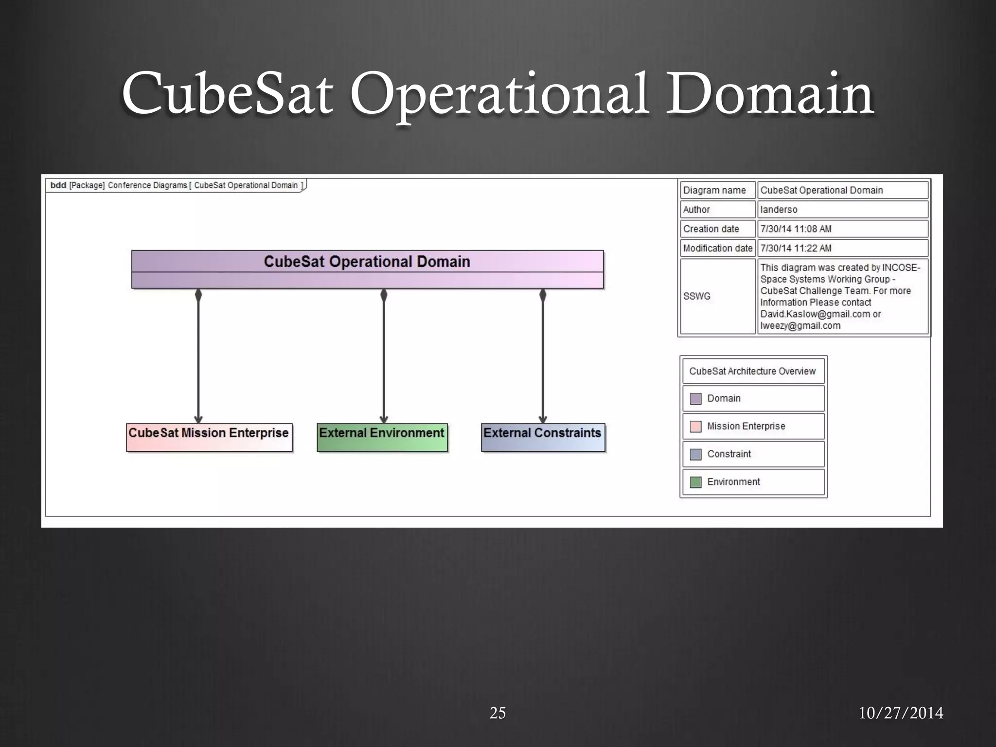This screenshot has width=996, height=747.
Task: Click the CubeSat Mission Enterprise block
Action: click(209, 437)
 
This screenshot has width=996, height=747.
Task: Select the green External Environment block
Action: click(382, 437)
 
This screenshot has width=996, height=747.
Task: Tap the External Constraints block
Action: click(543, 437)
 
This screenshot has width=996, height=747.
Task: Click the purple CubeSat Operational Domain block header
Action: click(367, 262)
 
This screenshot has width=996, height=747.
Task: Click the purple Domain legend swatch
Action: click(695, 399)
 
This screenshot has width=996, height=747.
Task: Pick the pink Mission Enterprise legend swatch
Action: click(695, 427)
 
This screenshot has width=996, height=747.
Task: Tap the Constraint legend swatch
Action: click(695, 454)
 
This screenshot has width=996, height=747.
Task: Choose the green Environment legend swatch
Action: click(695, 482)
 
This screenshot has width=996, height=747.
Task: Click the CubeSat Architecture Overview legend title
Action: click(752, 371)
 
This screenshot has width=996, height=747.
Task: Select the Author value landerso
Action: click(779, 210)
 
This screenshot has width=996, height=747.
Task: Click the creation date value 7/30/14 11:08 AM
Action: click(796, 229)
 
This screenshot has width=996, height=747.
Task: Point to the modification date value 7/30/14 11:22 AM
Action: click(796, 249)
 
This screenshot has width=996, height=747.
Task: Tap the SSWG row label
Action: click(697, 296)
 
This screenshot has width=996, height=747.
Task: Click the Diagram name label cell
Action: click(714, 190)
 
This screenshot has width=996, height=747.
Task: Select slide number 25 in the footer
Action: click(498, 713)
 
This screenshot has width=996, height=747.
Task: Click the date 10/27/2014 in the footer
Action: click(901, 713)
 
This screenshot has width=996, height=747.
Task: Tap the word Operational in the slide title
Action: click(498, 95)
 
